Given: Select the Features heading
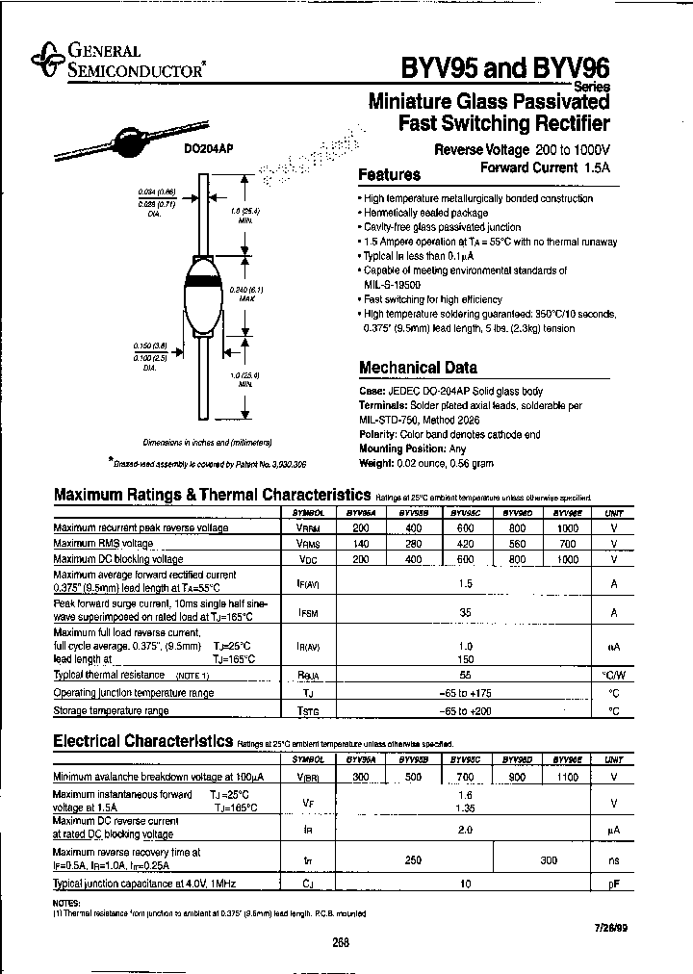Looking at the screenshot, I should pos(389,175).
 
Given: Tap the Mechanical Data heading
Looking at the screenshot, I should pos(417,367).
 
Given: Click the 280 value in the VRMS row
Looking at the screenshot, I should pos(415,544).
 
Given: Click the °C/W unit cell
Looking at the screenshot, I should pos(613,676).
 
